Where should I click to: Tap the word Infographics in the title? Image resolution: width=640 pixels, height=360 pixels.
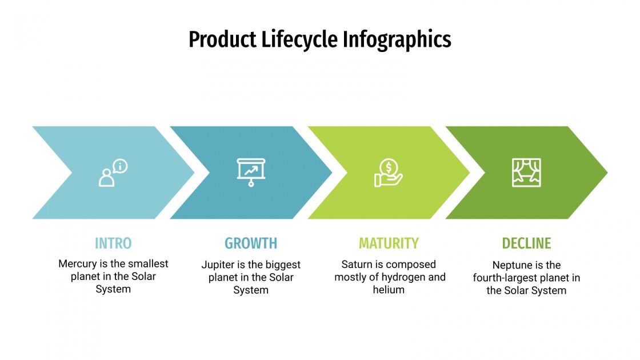click(397, 39)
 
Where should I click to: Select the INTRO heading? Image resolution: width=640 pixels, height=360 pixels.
click(113, 243)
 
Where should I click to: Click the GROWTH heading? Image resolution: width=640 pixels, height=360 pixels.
click(251, 243)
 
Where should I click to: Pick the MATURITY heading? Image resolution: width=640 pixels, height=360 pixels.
click(389, 243)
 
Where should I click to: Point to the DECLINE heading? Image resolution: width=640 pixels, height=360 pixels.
click(526, 243)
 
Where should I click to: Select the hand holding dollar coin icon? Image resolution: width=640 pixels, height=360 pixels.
click(389, 173)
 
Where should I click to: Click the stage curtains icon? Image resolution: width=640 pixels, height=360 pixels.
click(526, 173)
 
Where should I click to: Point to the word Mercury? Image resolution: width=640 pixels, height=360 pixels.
click(78, 264)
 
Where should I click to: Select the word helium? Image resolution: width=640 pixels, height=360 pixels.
click(389, 290)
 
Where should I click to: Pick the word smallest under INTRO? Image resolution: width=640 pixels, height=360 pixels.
click(148, 264)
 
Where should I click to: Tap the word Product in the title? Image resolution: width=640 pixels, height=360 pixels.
click(222, 39)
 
